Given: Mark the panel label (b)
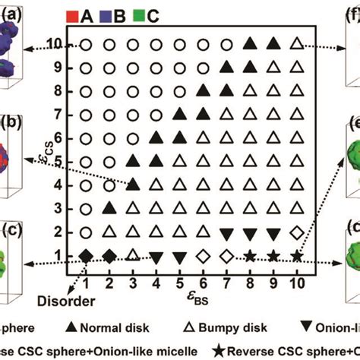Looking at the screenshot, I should [x=12, y=122].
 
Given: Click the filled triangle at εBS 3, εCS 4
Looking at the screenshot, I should [x=132, y=185].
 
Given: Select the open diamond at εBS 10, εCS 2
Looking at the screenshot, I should [x=297, y=232].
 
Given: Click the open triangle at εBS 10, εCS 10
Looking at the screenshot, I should [x=297, y=44].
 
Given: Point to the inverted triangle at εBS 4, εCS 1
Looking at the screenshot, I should [x=156, y=257].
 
